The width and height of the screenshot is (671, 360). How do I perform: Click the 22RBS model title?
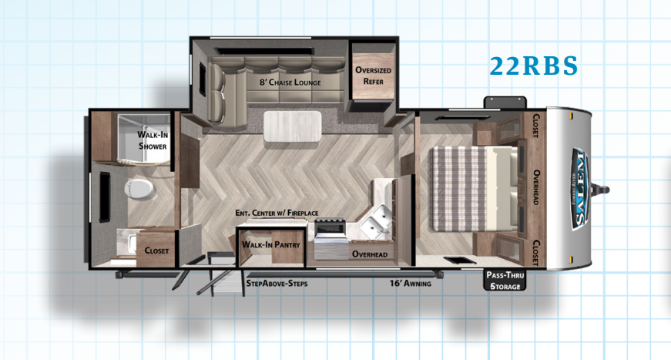pos(533,66)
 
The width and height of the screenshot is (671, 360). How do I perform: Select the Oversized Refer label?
pos(373,76)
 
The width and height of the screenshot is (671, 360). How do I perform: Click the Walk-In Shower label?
pos(153,140)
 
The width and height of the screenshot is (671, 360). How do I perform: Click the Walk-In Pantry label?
pos(271,244)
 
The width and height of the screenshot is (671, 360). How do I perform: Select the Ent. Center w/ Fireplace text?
pos(277,213)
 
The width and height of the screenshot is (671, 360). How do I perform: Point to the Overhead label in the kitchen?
pos(369,254)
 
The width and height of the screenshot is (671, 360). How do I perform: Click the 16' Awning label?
pos(410,284)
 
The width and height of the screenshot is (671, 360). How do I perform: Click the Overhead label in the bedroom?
pos(536,188)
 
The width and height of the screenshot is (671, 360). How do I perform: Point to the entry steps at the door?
pos(212,281)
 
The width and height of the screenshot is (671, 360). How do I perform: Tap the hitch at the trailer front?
pos(605,188)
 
